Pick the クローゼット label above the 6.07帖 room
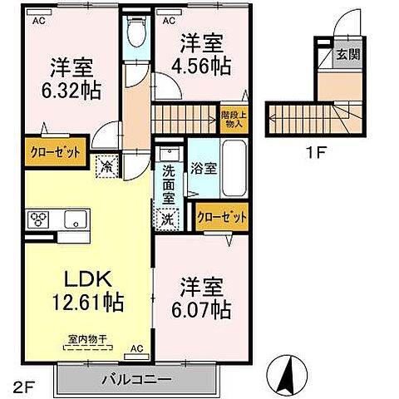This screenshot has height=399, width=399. coord(223,218)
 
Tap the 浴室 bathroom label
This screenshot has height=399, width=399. coord(203,167)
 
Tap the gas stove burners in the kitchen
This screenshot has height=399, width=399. coord(40,220)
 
